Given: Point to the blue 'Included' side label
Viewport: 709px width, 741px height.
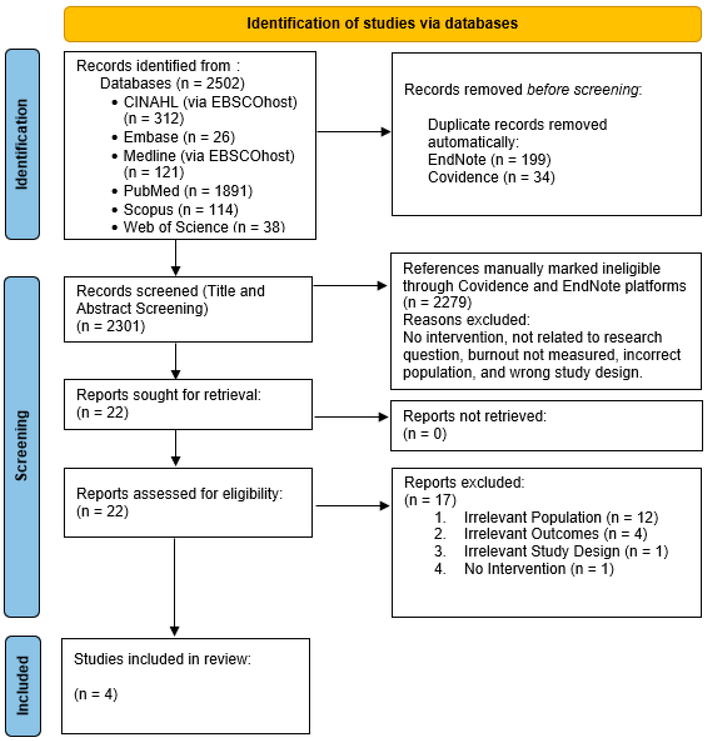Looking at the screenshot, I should (x=23, y=685).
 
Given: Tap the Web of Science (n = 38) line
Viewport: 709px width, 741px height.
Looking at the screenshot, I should (x=204, y=227).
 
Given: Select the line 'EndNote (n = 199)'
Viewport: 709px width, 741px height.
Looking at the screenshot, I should (x=489, y=160).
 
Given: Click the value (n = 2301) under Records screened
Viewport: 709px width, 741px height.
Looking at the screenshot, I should (x=111, y=326).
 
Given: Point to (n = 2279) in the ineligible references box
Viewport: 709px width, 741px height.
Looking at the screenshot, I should (x=437, y=302).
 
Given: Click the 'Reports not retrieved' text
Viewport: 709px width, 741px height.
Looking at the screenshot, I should (x=474, y=416).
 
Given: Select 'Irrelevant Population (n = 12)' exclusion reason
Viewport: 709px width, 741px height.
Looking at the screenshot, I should (x=561, y=517).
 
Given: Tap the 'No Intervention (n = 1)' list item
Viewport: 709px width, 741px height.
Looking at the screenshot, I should (x=539, y=568).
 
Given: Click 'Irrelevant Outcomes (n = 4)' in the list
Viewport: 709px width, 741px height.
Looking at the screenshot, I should (x=555, y=534).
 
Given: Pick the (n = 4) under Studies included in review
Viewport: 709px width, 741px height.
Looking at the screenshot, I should (x=96, y=694).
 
